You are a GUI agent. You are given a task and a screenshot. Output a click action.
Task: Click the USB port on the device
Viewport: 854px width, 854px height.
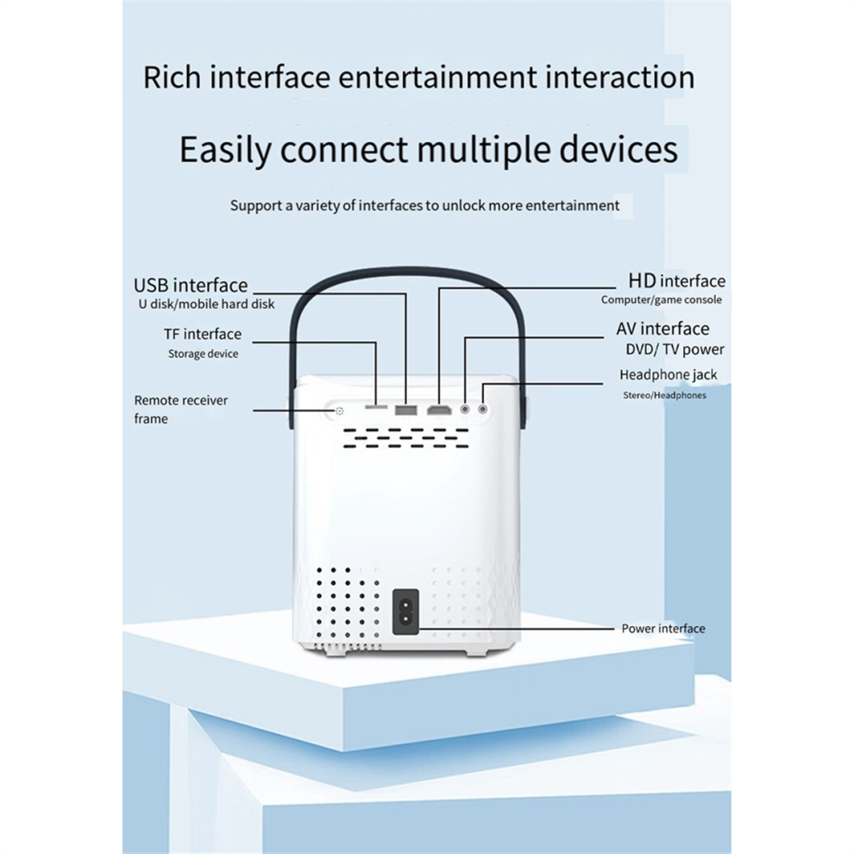point(405,409)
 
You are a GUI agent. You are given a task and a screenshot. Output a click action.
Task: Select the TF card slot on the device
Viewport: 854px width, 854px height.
point(376,406)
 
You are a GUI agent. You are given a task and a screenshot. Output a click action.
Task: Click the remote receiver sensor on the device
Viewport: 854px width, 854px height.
point(340,411)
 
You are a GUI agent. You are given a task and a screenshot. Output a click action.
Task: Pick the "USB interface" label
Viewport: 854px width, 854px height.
point(191,286)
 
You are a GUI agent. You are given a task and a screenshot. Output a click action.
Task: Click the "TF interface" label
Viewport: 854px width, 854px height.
point(203,334)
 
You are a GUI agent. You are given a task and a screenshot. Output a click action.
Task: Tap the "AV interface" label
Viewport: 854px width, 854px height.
point(662,329)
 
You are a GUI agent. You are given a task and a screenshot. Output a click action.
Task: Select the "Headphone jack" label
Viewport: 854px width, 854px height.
point(668,375)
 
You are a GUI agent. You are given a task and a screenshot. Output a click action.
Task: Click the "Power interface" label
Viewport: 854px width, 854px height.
point(662,628)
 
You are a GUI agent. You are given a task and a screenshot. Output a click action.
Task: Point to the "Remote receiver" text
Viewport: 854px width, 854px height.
point(180,400)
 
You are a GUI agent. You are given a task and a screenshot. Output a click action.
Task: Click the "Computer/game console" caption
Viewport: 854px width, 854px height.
point(662,300)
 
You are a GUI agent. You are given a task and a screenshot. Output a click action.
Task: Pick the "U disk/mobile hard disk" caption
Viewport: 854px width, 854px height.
point(205,305)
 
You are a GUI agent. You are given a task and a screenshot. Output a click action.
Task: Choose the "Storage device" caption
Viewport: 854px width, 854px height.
point(203,354)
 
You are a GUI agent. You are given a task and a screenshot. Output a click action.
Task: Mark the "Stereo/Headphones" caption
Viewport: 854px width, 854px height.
point(664,395)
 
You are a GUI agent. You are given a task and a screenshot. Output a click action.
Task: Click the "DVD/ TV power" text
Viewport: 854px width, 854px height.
point(675,349)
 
